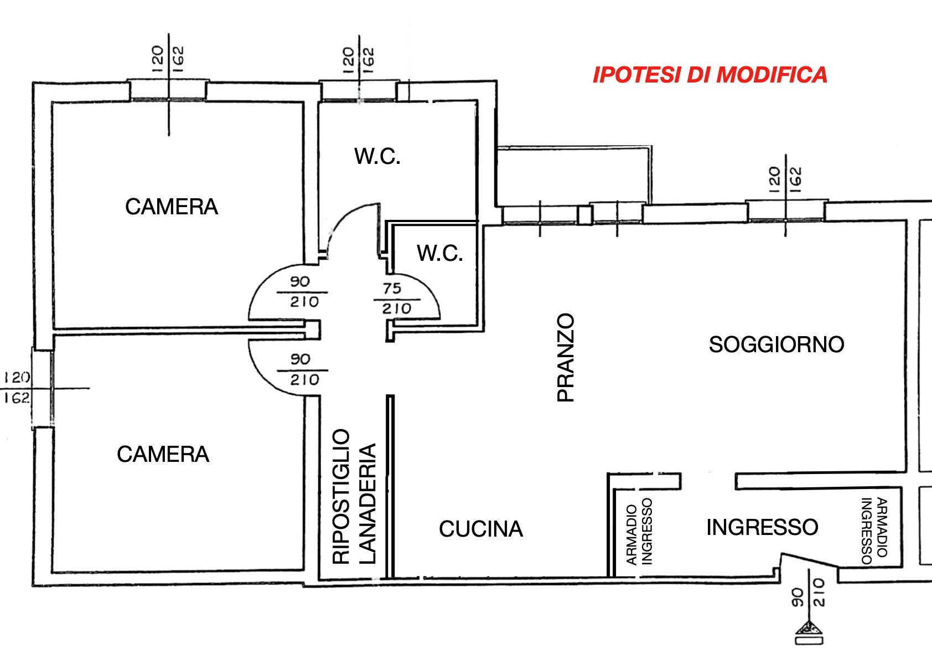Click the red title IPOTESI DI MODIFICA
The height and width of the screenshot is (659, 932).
pos(710,75)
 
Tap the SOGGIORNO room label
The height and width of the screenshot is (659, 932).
pos(776,344)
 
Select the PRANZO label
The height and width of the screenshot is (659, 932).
pos(566,358)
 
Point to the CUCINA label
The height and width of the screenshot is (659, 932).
pos(480,529)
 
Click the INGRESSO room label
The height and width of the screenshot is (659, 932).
pos(762,527)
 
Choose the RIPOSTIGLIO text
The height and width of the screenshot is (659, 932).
pos(341,496)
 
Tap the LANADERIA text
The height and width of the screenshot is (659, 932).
pos(367,504)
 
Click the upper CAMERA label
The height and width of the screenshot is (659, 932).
pos(172,207)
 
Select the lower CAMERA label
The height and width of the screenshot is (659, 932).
pos(163,454)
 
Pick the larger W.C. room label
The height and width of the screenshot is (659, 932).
pos(377,157)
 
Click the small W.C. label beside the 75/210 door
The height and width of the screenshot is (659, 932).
pos(440,253)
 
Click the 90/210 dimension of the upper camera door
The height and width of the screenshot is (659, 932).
pos(303,292)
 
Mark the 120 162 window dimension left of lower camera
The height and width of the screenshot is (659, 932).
pos(17,388)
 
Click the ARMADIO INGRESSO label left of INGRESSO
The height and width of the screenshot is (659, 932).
pos(639,531)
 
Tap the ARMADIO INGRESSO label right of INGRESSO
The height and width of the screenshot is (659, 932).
pos(874,531)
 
